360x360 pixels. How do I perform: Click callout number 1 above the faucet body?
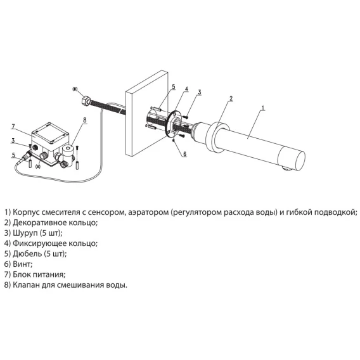(x=263, y=108)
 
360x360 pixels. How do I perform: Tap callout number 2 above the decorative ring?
(x=231, y=98)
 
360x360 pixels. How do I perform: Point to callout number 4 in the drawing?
(x=187, y=89)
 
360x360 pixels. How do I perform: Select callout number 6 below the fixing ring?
(x=185, y=154)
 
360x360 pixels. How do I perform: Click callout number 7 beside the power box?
(x=13, y=127)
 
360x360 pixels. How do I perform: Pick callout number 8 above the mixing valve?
(x=85, y=120)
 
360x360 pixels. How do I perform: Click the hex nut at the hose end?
(x=85, y=100)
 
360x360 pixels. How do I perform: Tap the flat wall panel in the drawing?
(x=146, y=113)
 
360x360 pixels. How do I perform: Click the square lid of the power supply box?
(x=50, y=132)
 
